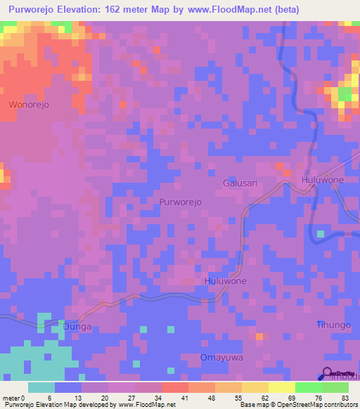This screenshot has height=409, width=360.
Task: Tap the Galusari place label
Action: (x=240, y=182)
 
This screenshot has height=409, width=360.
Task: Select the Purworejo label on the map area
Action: (x=181, y=202)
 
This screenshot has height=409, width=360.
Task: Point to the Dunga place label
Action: (x=78, y=326)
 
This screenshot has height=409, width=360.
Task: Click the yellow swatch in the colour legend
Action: (x=281, y=387)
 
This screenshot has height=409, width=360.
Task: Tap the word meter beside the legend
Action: (x=11, y=398)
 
